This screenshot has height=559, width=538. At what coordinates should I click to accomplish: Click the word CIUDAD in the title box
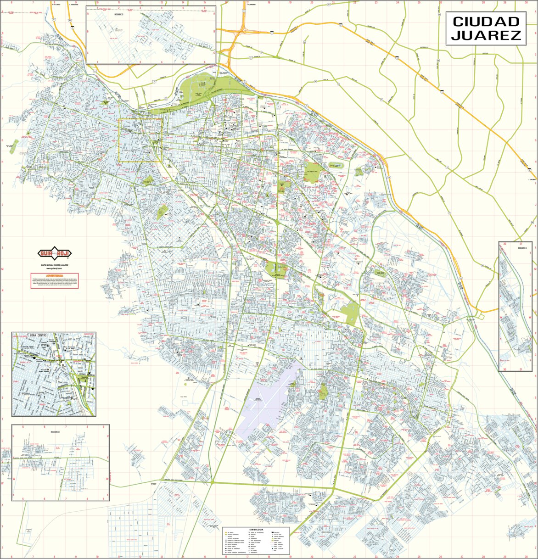[x=486, y=22]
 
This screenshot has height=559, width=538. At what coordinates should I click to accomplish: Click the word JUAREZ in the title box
[x=486, y=35]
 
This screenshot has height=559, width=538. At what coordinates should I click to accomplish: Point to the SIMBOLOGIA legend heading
[x=256, y=529]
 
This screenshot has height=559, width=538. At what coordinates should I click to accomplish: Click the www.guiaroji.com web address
[x=54, y=268]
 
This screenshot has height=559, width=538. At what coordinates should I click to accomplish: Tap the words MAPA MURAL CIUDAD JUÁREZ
[x=54, y=265]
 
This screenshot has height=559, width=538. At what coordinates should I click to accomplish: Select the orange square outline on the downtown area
[x=140, y=140]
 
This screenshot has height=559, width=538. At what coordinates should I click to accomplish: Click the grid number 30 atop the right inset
[x=505, y=243]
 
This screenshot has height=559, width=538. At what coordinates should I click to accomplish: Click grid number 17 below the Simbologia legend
[x=247, y=557]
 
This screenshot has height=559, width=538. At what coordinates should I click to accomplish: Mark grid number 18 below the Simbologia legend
[x=269, y=557]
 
